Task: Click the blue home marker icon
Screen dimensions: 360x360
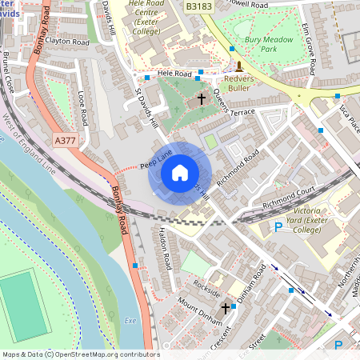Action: [x=179, y=173]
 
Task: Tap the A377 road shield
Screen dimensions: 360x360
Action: [x=66, y=140]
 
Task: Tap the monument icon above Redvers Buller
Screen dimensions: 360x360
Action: [x=239, y=66]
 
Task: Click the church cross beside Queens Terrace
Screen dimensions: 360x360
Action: [x=201, y=99]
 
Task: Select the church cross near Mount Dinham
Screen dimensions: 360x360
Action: [x=226, y=307]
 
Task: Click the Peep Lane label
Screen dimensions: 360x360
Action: [x=156, y=159]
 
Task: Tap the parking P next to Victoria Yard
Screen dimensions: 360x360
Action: [x=278, y=228]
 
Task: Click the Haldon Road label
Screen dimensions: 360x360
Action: [x=165, y=247]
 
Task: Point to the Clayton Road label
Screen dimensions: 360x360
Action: [x=67, y=41]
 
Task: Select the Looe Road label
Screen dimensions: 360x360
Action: [x=82, y=109]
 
